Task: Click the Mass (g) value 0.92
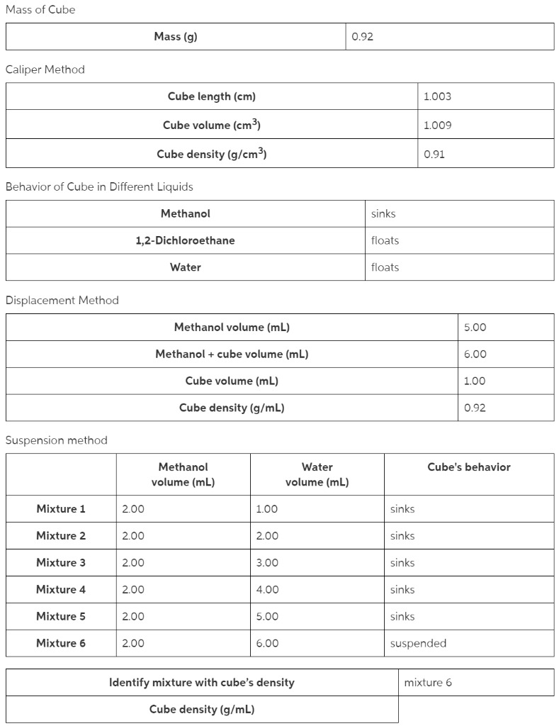click(363, 37)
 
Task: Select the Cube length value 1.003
click(436, 96)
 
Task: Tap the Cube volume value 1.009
click(436, 125)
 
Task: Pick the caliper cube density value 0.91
click(434, 154)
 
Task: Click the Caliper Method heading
click(45, 69)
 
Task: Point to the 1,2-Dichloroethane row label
click(185, 240)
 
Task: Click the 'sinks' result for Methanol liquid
click(383, 213)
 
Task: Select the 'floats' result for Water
click(385, 267)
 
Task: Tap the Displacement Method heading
click(62, 301)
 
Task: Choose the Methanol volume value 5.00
click(475, 328)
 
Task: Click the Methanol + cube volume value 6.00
click(475, 354)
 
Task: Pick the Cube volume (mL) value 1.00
click(474, 381)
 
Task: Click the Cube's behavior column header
click(468, 467)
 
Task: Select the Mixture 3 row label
click(61, 563)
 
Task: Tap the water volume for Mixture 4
click(267, 590)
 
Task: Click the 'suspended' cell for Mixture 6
click(418, 644)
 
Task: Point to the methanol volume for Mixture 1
click(132, 509)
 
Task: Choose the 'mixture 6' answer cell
click(428, 683)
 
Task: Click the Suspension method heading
click(57, 440)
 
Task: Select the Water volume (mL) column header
click(317, 475)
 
